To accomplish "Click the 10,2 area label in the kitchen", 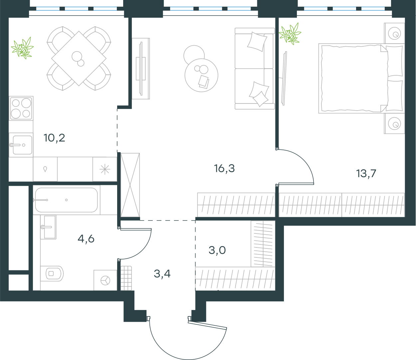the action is click(x=54, y=138).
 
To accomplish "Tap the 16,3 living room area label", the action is click(x=224, y=169).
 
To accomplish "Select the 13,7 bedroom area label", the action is click(x=366, y=174).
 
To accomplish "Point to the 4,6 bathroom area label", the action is click(x=86, y=239).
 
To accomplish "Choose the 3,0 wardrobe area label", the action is click(x=217, y=250).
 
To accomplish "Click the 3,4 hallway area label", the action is click(x=162, y=274).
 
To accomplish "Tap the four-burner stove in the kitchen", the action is click(x=21, y=108).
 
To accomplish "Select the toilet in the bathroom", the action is click(x=52, y=273).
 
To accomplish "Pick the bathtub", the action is click(x=66, y=200).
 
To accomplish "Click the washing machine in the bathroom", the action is click(x=105, y=280).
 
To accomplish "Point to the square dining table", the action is click(x=79, y=58).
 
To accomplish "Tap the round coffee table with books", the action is click(x=201, y=75).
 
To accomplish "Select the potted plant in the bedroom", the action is click(x=290, y=34).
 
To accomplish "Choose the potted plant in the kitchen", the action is click(x=22, y=48).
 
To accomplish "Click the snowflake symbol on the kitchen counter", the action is click(x=105, y=169).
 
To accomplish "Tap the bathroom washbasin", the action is click(x=48, y=227).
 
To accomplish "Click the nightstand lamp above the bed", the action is click(x=394, y=33).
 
